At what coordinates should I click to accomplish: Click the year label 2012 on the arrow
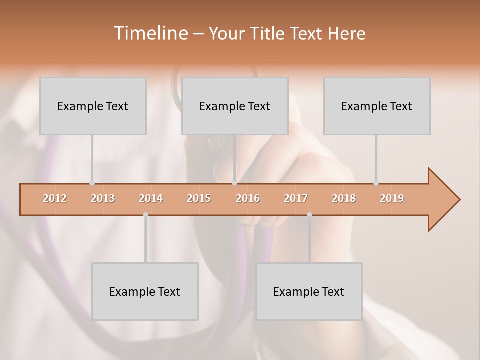55,198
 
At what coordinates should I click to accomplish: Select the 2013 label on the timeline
103,198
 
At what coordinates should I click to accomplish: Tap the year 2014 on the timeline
151,198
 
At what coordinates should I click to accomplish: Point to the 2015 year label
199,198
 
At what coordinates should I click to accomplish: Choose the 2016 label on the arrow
248,198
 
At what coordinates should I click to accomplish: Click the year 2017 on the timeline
296,198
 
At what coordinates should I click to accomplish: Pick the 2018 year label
344,198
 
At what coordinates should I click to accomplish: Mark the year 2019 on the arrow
392,198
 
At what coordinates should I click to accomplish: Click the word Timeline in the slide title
150,33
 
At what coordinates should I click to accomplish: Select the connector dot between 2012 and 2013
92,183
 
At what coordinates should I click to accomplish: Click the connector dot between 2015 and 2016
234,183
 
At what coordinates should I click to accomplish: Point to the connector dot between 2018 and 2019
376,183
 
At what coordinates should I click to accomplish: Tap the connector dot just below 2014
145,215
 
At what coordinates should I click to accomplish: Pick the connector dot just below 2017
309,215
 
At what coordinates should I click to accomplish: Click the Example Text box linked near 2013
93,106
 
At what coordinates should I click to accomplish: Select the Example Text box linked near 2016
235,106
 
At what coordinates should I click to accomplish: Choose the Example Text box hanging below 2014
145,291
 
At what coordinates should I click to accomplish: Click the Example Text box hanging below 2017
309,291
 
